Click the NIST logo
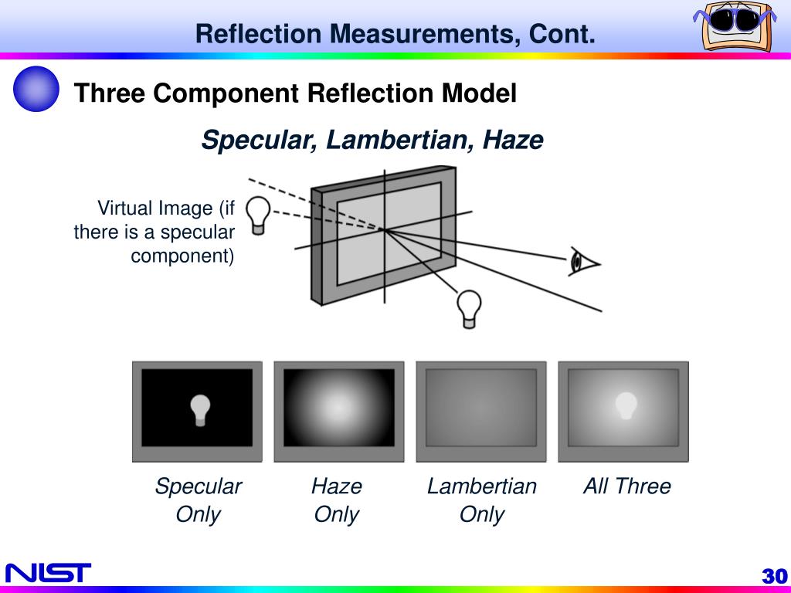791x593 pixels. [x=48, y=572]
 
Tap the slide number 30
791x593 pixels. [x=773, y=576]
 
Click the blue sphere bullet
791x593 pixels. [x=36, y=89]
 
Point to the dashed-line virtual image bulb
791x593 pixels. [x=259, y=212]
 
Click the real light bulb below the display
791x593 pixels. [x=468, y=308]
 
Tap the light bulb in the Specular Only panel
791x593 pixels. [x=201, y=409]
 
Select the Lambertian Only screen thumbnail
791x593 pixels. [x=480, y=411]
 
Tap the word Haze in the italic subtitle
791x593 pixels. [x=513, y=141]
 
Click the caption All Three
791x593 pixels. [x=626, y=486]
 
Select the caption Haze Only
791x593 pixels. [x=337, y=500]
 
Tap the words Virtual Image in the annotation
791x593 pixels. [x=154, y=208]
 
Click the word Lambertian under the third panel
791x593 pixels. [x=481, y=486]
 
